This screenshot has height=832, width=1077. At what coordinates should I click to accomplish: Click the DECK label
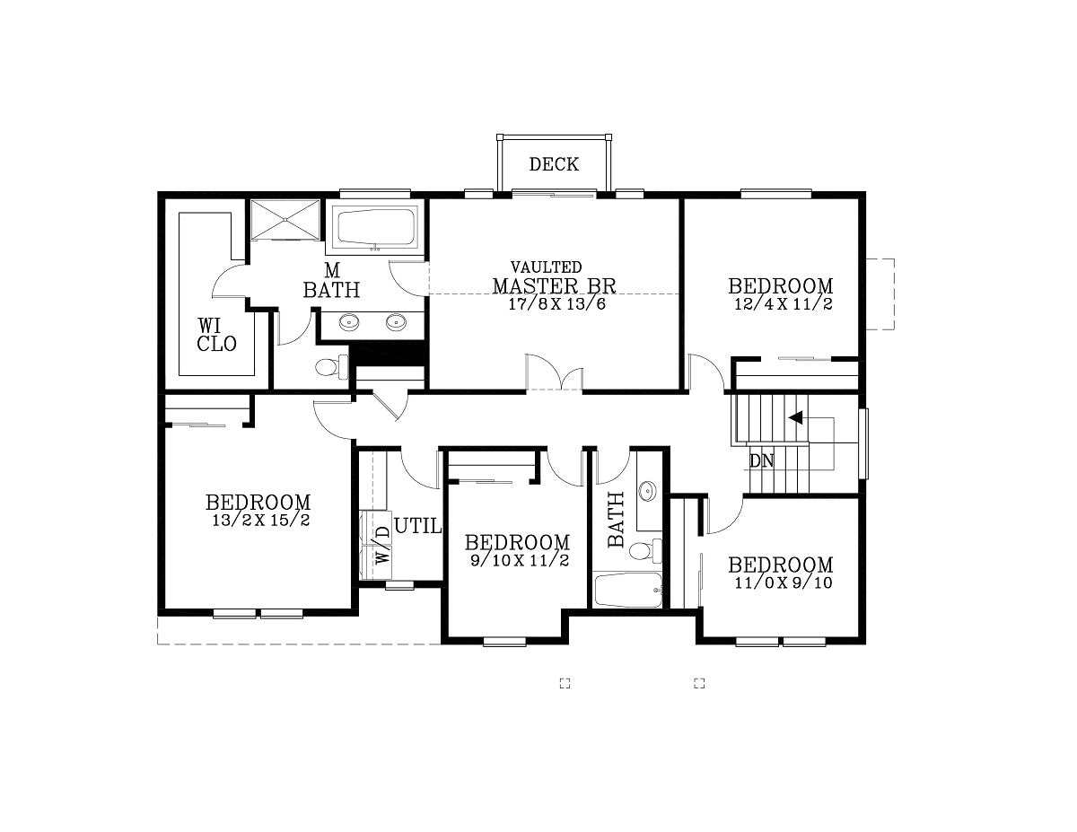pos(554,164)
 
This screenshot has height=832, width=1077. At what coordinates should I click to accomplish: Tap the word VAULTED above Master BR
pos(547,267)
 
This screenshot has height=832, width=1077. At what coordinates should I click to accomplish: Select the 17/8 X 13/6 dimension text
pos(556,303)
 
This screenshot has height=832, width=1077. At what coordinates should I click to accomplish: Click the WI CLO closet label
pos(216,335)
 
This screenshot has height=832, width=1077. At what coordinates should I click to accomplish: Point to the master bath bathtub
pos(376,227)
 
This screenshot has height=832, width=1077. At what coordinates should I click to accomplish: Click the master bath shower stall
pos(285,220)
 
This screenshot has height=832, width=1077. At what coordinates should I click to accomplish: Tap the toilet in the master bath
pos(331,367)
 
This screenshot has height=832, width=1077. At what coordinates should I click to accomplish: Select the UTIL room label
pos(418,526)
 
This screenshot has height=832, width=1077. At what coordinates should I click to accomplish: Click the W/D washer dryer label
pos(382,544)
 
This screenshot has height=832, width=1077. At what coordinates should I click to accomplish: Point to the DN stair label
pos(761,461)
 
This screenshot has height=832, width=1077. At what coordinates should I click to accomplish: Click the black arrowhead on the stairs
pos(795,417)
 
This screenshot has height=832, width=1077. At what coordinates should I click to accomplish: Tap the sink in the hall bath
pos(647,491)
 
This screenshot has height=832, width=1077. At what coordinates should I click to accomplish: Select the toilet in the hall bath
pos(646,551)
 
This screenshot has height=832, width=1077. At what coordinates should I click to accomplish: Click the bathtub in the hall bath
pos(628,590)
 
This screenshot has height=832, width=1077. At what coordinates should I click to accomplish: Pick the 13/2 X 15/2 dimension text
pos(261,521)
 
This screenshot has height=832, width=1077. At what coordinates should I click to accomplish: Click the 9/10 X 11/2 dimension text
pos(520,560)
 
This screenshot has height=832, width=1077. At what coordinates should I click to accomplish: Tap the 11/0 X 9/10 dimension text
pos(784,582)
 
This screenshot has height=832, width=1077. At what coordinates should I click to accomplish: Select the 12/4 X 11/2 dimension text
pos(784,303)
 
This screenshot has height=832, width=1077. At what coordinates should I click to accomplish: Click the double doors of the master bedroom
pos(554,372)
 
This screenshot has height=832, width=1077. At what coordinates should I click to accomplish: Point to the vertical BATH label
pos(616,520)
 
